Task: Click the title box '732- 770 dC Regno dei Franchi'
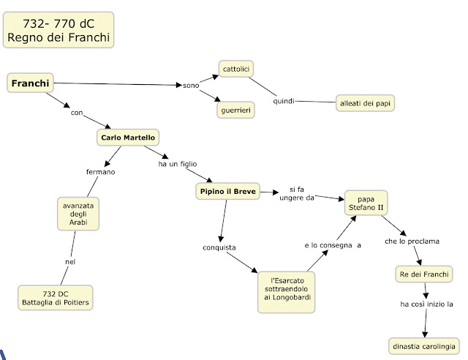coord(58,30)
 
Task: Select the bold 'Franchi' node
coord(30,83)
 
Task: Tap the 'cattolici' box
coord(236,69)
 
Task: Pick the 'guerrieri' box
coord(235,110)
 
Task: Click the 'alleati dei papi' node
coord(365,103)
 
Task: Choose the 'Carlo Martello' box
coord(128,138)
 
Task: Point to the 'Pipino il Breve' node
coord(227,191)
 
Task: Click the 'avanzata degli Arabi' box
coord(78,214)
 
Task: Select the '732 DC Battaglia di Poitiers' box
coord(56,298)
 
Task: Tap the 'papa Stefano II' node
coord(366,203)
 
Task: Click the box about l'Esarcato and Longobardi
coord(286,292)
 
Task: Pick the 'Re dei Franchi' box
coord(424,274)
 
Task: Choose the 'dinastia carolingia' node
coord(424,346)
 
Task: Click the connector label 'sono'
coord(191,86)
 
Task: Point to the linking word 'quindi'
coord(284,101)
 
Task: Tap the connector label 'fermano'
coord(101,172)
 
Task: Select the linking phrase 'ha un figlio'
coord(178,164)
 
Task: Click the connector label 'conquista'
coord(219,247)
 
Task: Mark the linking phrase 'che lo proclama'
coord(412,241)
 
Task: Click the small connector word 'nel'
coord(70,262)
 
